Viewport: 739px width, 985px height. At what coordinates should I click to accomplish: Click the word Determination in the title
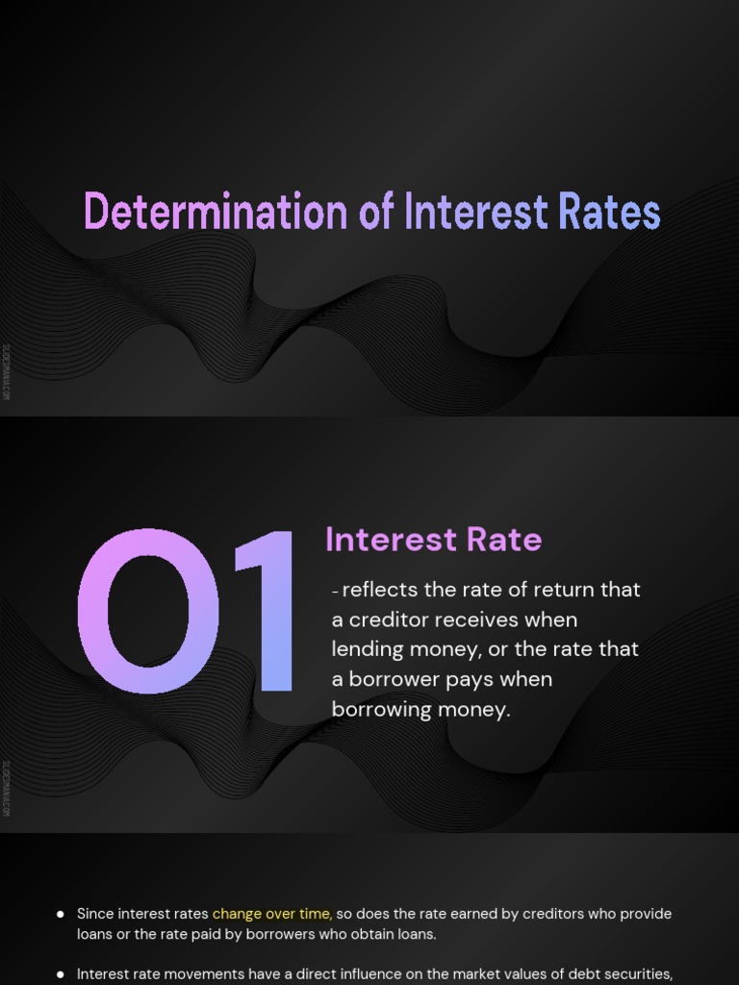coord(217,212)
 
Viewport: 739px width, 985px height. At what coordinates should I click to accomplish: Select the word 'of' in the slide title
coord(376,212)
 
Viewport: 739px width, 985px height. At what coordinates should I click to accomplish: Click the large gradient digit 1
coord(265,612)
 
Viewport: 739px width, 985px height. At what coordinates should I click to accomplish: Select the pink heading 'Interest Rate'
coord(433,540)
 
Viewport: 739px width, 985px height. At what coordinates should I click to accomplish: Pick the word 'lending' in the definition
coord(369,649)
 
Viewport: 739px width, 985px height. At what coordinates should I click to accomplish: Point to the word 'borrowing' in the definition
coord(377,710)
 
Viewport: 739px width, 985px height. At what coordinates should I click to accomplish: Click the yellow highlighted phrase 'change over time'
coord(272,914)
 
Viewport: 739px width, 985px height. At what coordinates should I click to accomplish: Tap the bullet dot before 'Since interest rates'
coord(61,914)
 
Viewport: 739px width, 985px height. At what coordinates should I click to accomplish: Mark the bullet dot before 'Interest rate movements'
coord(61,974)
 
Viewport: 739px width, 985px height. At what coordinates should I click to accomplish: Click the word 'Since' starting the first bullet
coord(95,914)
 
